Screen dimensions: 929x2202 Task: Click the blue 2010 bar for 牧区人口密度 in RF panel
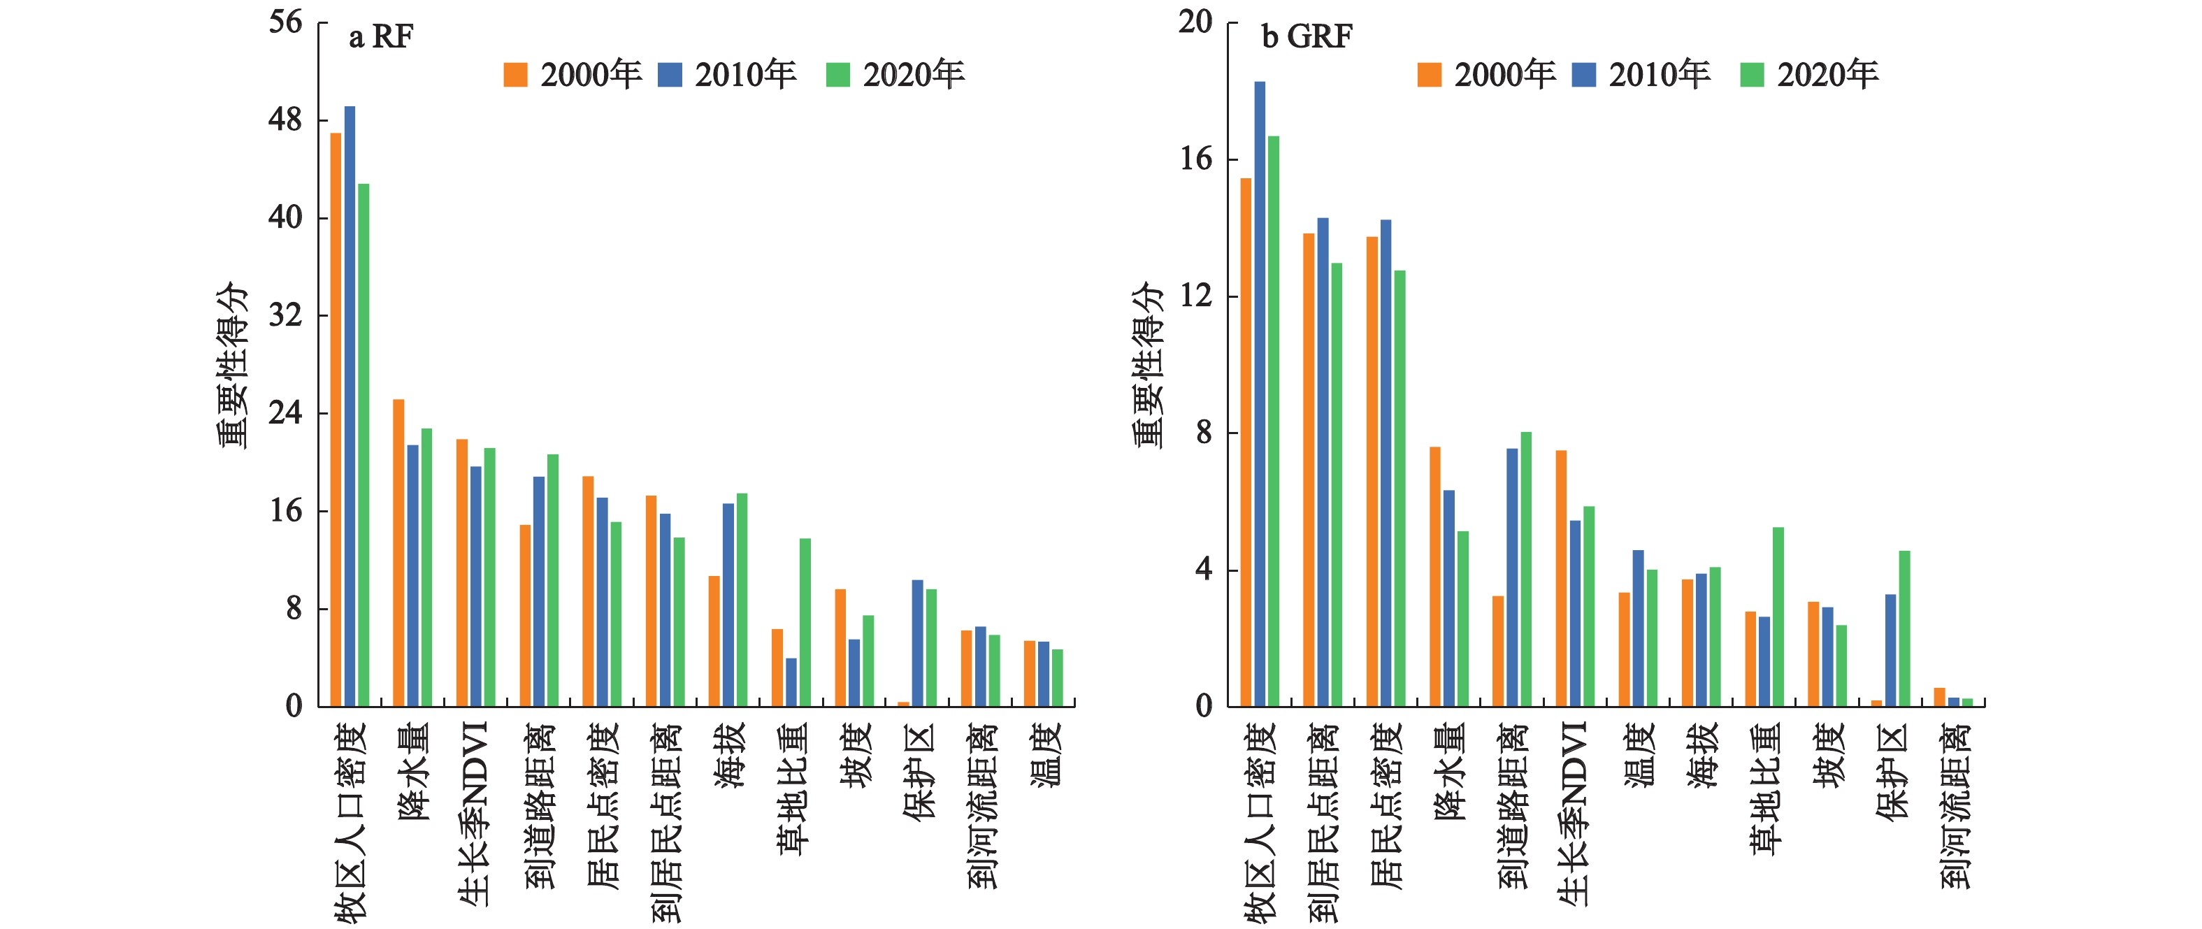pyautogui.click(x=350, y=406)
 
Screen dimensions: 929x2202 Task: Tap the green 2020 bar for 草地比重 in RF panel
pyautogui.click(x=805, y=622)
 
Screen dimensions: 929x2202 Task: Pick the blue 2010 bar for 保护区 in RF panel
pyautogui.click(x=917, y=642)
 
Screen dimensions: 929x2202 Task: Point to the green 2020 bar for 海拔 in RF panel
pyautogui.click(x=742, y=599)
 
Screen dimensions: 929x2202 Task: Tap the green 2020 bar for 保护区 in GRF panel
pyautogui.click(x=1904, y=628)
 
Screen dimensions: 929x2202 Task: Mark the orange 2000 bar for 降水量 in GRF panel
pyautogui.click(x=1435, y=577)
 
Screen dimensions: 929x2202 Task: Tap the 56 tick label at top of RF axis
pyautogui.click(x=285, y=22)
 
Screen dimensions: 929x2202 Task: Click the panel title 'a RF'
pyautogui.click(x=380, y=37)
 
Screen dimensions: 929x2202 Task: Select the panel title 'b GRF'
pyautogui.click(x=1307, y=37)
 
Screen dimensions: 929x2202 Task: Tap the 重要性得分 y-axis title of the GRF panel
pyautogui.click(x=1148, y=365)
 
